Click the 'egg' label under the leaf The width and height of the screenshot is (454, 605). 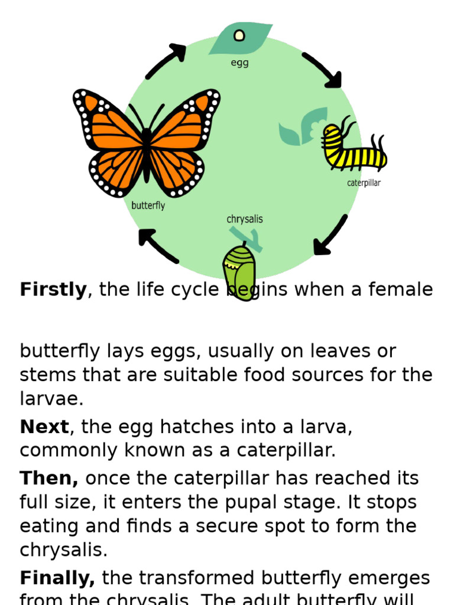click(239, 63)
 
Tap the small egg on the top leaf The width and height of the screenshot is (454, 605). click(239, 35)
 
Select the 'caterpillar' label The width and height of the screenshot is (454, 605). click(364, 183)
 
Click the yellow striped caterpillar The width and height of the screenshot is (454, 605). click(353, 151)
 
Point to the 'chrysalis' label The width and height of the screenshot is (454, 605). click(245, 219)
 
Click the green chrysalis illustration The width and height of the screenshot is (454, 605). click(240, 272)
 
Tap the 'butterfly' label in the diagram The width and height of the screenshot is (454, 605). click(148, 206)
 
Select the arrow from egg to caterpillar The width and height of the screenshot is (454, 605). click(322, 70)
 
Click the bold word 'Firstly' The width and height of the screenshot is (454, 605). click(53, 290)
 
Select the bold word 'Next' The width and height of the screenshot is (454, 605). click(44, 427)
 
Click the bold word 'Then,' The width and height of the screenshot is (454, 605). click(49, 478)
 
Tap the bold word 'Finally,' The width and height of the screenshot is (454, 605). click(57, 577)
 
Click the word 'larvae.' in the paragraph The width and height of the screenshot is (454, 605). click(51, 399)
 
